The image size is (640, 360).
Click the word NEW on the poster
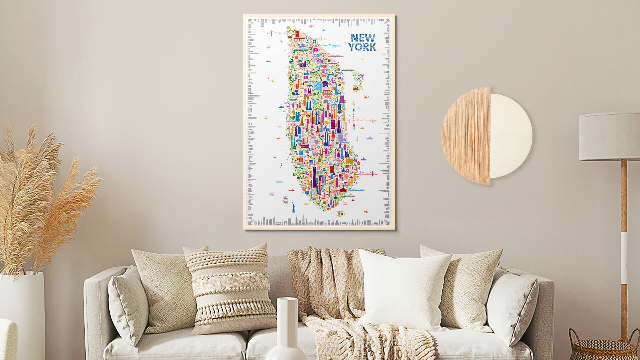click(x=362, y=38)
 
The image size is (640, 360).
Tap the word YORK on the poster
click(x=362, y=47)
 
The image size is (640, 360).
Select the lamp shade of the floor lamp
click(x=609, y=137)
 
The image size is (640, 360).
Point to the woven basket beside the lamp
click(x=603, y=347)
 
